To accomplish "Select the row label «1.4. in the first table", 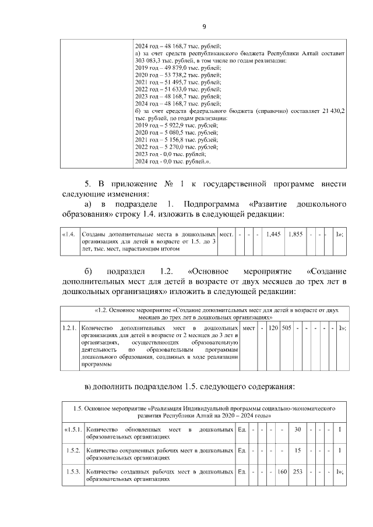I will click(69, 234).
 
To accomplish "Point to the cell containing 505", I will click(286, 328).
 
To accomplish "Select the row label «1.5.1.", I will click(72, 429).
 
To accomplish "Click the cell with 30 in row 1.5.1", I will click(298, 429).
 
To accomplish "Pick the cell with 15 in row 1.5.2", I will click(298, 450).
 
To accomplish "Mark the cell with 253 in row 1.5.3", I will click(298, 471).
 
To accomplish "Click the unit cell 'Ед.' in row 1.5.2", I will click(242, 450).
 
